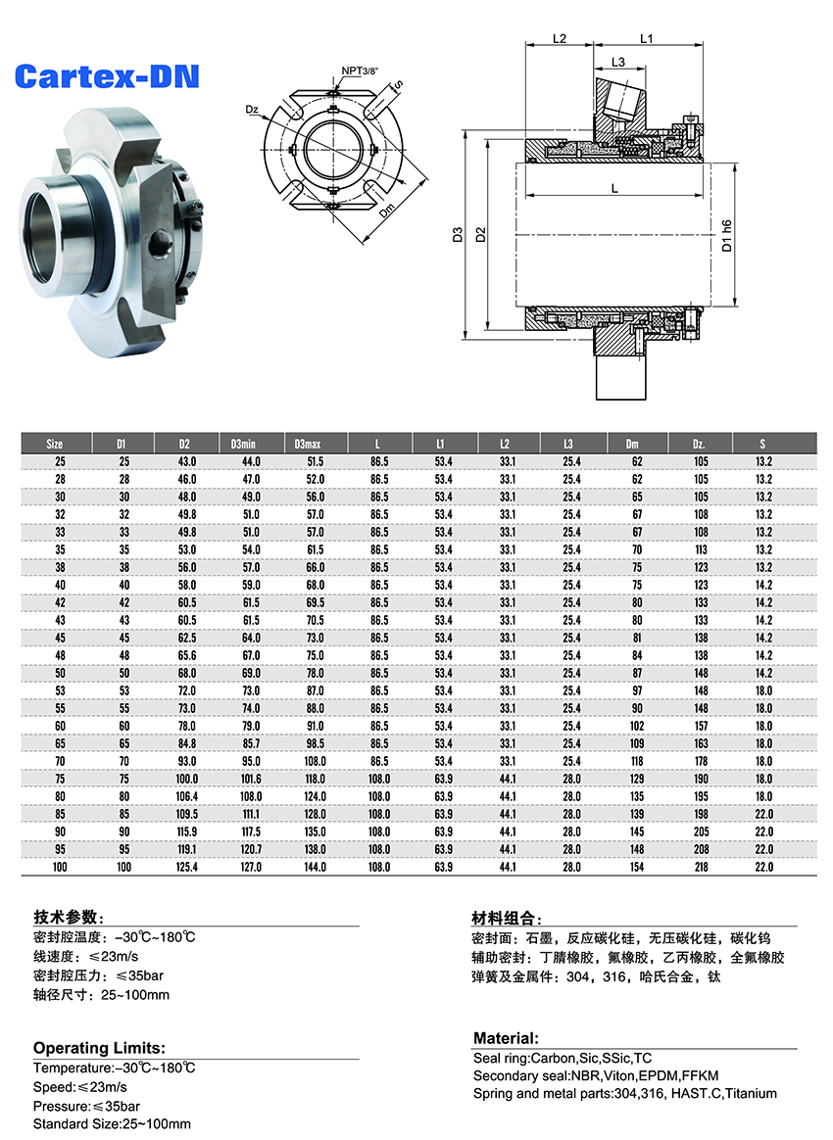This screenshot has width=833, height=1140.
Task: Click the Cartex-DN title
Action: [106, 76]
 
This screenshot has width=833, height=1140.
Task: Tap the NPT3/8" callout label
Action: [360, 71]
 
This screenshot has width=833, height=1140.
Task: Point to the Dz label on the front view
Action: [252, 110]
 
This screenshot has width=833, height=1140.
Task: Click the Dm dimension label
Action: [386, 211]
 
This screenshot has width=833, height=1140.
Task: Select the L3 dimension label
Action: [617, 62]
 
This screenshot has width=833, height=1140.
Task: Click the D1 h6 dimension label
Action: [726, 236]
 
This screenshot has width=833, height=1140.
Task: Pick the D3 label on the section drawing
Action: [458, 235]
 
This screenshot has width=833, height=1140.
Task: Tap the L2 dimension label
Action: [560, 38]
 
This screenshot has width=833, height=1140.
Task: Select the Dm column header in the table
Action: [632, 444]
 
